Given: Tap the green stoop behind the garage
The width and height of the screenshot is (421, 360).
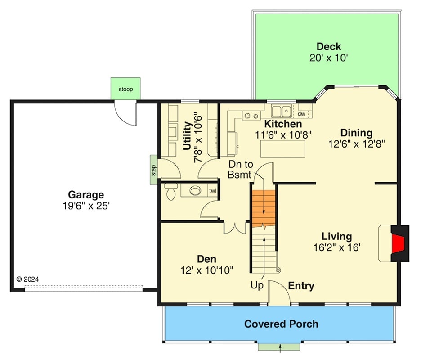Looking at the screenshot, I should click(x=125, y=89).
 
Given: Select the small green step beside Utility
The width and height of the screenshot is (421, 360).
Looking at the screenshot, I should click(x=154, y=170).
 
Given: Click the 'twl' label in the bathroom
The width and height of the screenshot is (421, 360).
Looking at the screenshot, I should click(x=212, y=191).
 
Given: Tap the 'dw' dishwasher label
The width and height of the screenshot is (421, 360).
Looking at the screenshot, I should click(x=301, y=114).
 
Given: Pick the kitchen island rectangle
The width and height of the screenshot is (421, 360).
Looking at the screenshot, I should click(x=282, y=149).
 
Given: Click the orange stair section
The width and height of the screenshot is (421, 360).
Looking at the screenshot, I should click(x=263, y=208).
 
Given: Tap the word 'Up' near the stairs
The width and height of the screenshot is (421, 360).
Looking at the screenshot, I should click(x=257, y=285).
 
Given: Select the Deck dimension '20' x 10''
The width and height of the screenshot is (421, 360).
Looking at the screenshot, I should click(x=329, y=58).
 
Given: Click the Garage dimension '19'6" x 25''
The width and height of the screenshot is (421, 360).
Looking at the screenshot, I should click(x=86, y=206).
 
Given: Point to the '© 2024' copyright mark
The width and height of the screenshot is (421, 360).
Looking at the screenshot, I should click(x=28, y=279).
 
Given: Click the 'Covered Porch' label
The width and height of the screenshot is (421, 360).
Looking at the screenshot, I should click(x=281, y=324).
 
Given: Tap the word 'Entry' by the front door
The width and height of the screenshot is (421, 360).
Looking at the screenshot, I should click(x=301, y=286).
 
